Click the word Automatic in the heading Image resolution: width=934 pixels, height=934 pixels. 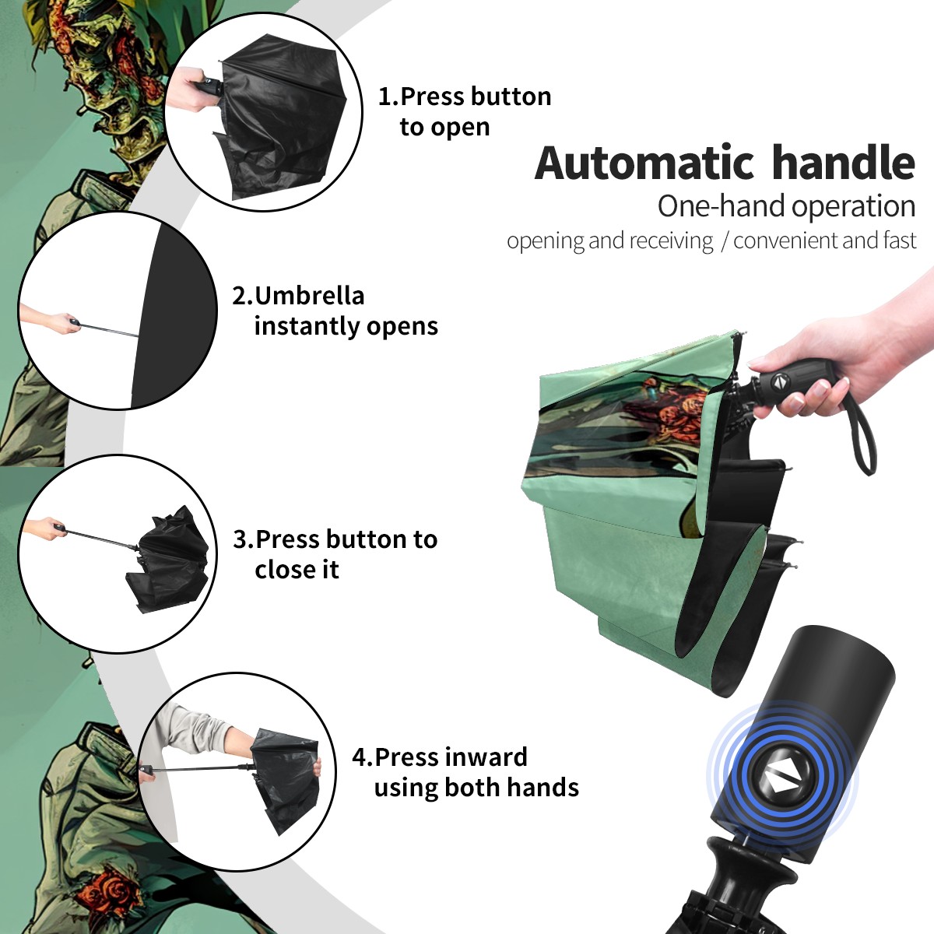click(644, 163)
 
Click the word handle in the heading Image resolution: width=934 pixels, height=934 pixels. click(844, 162)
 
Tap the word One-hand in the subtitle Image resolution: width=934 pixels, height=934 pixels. click(722, 206)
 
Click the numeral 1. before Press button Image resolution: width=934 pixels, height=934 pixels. click(388, 97)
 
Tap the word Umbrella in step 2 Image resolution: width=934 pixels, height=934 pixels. click(309, 296)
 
